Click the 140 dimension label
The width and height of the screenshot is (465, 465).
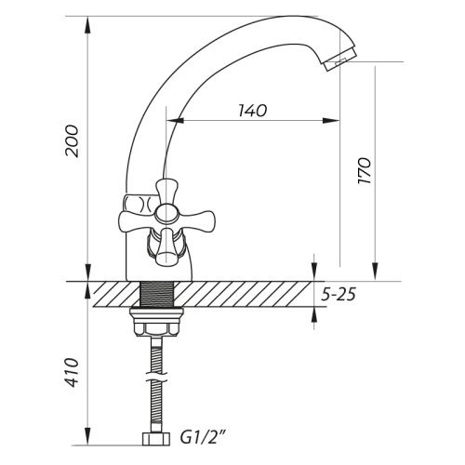pos(253,111)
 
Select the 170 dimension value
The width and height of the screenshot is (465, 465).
pos(365,171)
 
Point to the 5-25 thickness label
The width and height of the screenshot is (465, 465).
pos(339,294)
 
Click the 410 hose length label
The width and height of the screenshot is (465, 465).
pos(72,372)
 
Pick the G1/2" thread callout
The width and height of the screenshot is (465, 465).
pos(202,438)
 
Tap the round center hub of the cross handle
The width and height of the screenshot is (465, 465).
pos(166,213)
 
